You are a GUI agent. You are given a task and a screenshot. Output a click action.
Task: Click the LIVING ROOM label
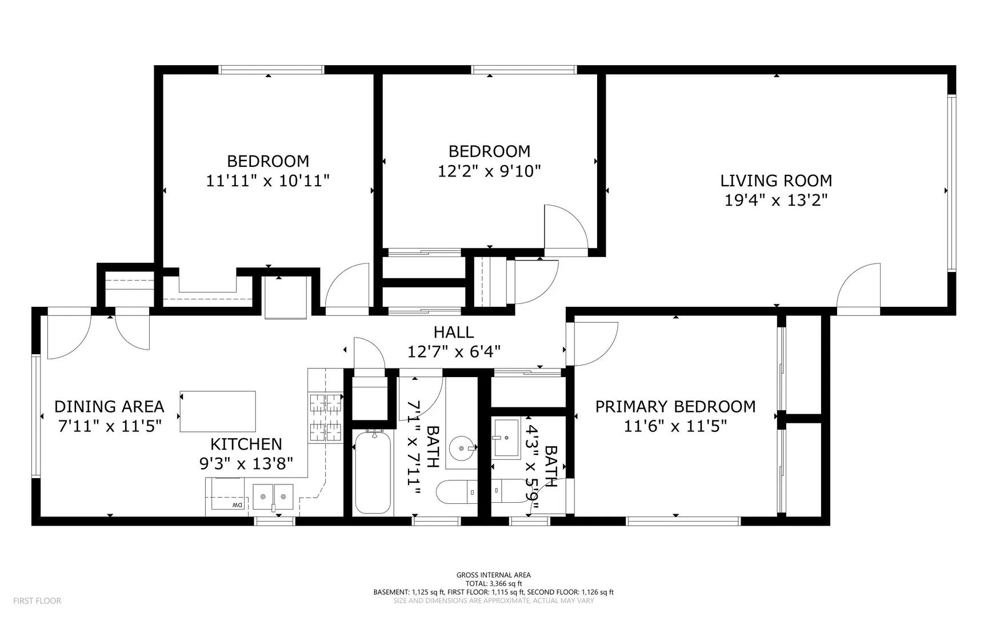776,181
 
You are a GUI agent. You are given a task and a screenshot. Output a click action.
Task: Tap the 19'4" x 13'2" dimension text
776,201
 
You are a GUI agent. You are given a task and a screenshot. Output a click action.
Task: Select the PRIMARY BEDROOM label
675,407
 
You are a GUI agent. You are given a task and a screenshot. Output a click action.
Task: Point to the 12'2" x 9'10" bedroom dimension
489,171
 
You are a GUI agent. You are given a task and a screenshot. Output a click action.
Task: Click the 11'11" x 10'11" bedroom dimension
268,181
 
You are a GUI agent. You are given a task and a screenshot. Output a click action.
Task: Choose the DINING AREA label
109,407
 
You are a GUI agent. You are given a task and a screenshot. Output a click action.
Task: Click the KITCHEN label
246,444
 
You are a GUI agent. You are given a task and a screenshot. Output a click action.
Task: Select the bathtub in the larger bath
373,472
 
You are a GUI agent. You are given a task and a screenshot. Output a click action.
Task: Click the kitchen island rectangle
218,411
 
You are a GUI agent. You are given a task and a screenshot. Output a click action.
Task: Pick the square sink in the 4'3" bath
506,438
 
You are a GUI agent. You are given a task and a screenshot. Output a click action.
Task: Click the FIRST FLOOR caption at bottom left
37,600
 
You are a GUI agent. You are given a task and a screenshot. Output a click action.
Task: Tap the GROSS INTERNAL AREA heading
494,575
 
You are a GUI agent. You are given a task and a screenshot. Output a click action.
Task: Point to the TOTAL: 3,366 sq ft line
494,584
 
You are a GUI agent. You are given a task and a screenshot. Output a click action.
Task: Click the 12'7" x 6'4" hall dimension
454,351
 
